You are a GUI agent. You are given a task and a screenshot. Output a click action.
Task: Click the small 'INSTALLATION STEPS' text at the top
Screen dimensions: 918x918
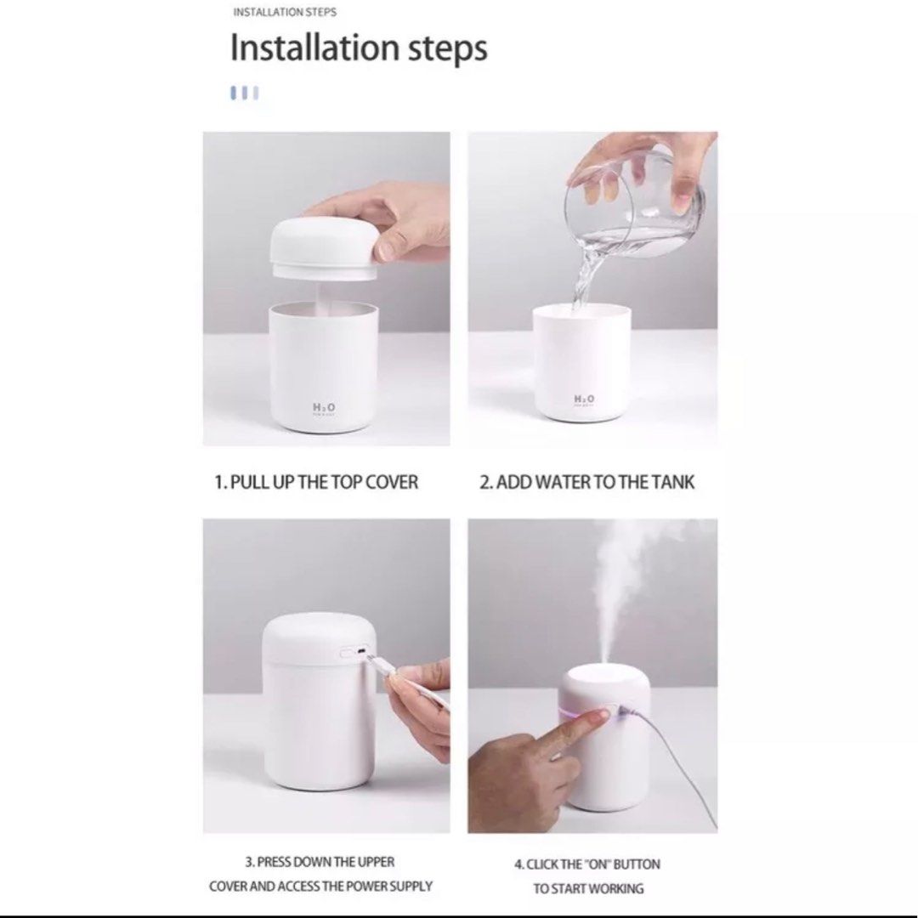pyautogui.click(x=284, y=13)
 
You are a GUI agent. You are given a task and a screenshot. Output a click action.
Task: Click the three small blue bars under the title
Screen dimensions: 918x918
pyautogui.click(x=244, y=93)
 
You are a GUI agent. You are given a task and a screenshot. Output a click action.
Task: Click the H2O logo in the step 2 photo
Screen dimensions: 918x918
pyautogui.click(x=585, y=399)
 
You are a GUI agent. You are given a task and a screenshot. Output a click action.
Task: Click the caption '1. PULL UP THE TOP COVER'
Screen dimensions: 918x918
pyautogui.click(x=315, y=482)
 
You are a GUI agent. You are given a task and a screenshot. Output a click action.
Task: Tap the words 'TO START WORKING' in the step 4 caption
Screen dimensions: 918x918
pyautogui.click(x=588, y=889)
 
